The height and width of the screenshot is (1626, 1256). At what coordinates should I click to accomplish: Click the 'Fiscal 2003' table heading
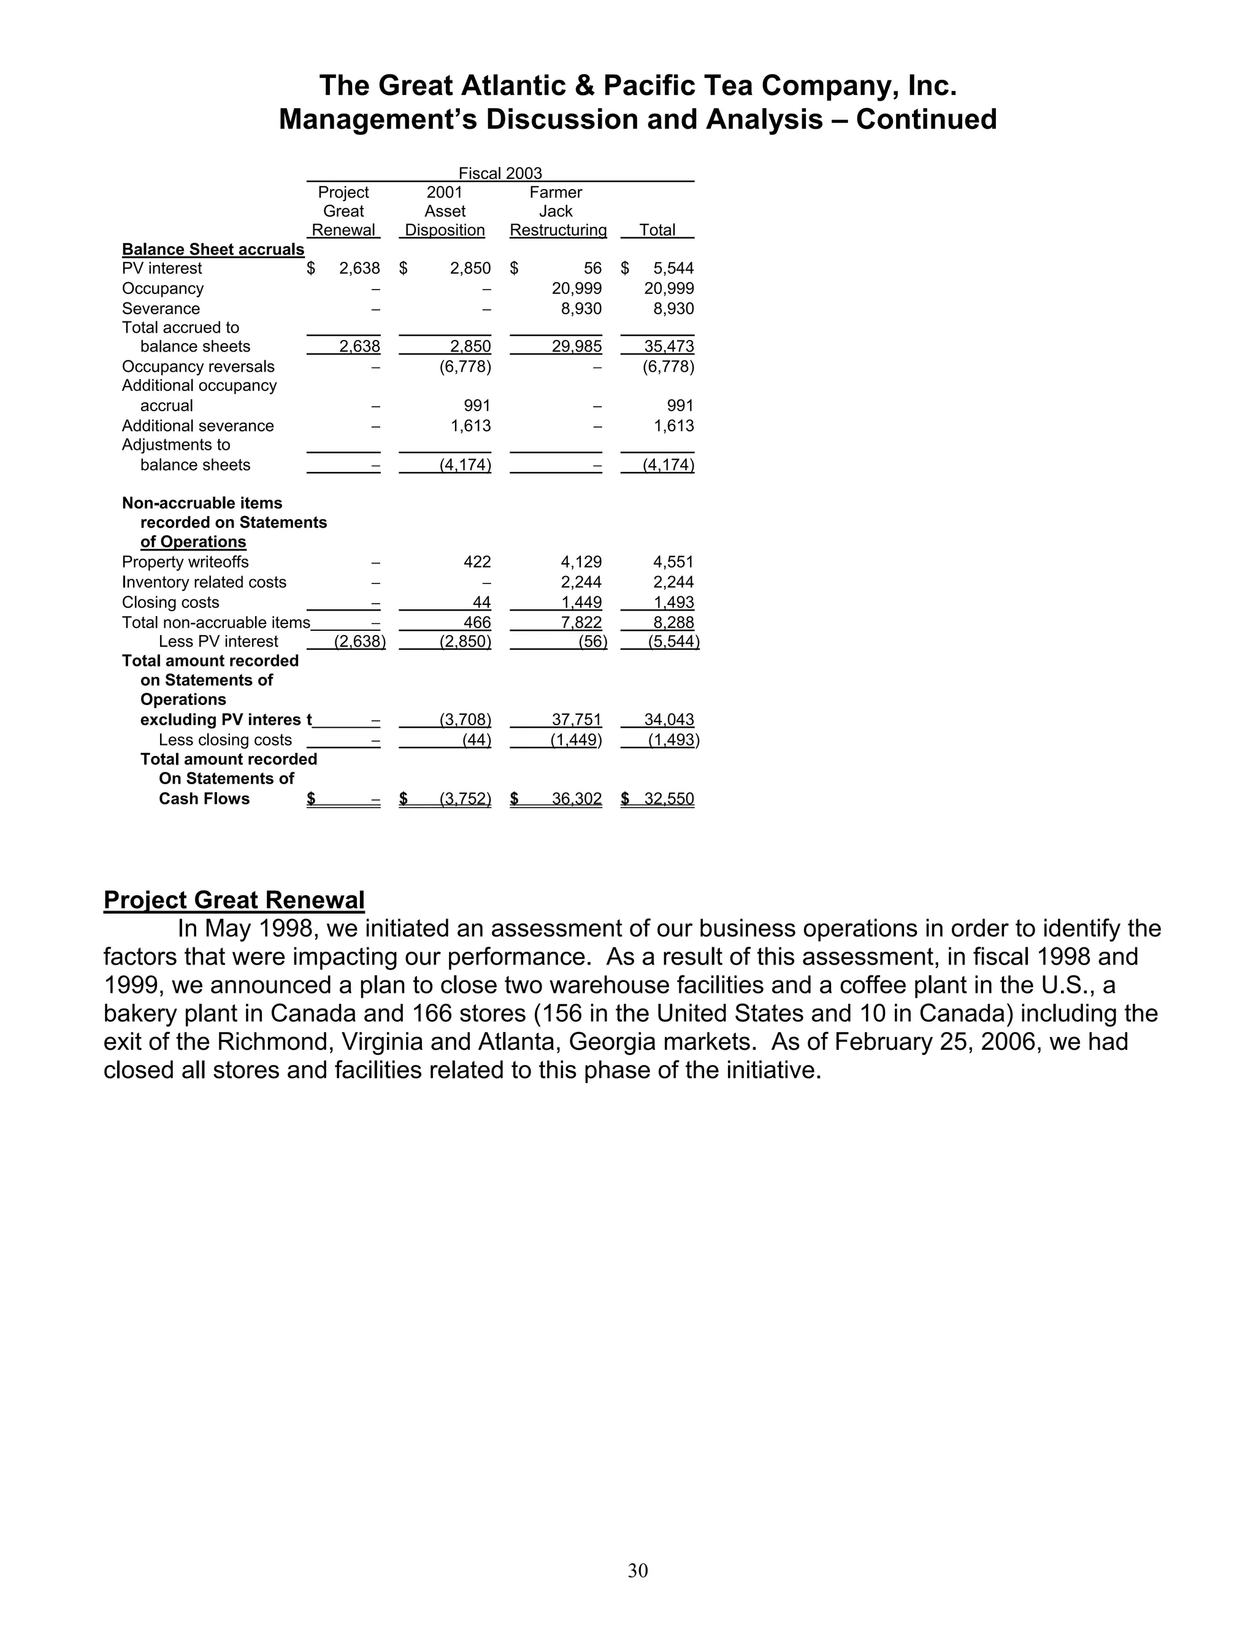click(x=500, y=174)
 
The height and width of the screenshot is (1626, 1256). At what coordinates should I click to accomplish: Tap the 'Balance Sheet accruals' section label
click(x=213, y=249)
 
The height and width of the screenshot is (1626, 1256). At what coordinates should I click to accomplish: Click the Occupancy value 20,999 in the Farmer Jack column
click(x=576, y=289)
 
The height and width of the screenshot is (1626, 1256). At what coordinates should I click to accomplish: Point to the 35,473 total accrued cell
click(x=668, y=346)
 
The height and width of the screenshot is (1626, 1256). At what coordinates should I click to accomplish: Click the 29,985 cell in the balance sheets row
click(x=576, y=346)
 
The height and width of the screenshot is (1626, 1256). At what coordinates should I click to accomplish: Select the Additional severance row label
click(x=198, y=426)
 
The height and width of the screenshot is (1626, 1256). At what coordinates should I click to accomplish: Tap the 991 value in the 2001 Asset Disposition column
click(x=477, y=406)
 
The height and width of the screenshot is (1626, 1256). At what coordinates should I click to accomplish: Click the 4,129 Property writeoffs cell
click(x=581, y=562)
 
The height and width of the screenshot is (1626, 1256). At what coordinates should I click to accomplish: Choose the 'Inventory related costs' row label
click(x=204, y=582)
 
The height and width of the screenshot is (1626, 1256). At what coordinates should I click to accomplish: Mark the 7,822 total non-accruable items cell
click(x=581, y=622)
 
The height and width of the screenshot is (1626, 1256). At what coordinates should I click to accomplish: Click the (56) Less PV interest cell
click(x=593, y=642)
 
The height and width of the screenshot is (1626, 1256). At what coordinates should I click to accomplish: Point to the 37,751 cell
click(x=576, y=720)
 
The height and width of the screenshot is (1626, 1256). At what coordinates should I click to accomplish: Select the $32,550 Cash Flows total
click(x=668, y=799)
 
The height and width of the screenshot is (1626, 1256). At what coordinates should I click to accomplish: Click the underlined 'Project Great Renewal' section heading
click(x=234, y=900)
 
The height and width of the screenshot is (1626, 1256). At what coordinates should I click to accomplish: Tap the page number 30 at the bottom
click(x=638, y=1570)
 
